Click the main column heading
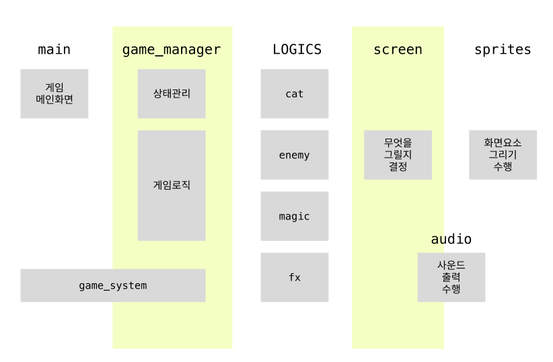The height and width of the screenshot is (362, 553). point(54,50)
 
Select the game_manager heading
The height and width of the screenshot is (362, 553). point(172,50)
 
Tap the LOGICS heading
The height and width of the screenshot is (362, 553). point(297,50)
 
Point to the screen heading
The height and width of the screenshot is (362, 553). point(398,50)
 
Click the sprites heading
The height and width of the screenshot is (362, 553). point(503,50)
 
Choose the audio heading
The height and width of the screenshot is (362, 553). point(451,240)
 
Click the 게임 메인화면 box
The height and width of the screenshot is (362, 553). point(54,94)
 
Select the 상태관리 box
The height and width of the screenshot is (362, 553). point(172,94)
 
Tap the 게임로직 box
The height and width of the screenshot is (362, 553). point(172,185)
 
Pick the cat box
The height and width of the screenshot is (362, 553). point(295,94)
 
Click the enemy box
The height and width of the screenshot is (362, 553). point(295,155)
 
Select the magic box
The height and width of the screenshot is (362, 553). point(295,216)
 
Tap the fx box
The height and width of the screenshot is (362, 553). point(295,277)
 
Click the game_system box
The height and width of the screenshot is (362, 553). point(113,285)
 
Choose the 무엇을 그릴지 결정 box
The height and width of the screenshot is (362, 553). point(398,155)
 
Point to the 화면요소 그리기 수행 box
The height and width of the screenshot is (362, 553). point(503,155)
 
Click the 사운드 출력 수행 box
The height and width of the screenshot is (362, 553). point(451,277)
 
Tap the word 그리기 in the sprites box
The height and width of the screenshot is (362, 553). point(503,155)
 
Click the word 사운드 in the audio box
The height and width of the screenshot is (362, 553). point(451,265)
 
